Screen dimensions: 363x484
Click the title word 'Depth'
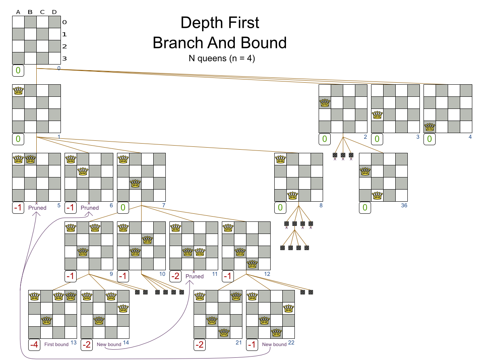pos(200,23)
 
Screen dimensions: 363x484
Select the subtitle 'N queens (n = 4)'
pos(222,58)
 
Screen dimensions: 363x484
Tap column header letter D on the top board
pos(54,12)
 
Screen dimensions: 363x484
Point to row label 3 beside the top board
pos(65,59)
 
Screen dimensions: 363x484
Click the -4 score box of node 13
pos(34,345)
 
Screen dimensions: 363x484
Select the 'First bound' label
pos(56,344)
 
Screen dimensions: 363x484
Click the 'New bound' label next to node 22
pos(274,344)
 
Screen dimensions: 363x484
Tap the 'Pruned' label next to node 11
pos(194,276)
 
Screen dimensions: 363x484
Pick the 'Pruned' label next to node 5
pos(37,208)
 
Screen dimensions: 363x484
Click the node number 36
pos(404,206)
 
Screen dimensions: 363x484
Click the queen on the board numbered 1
pos(19,90)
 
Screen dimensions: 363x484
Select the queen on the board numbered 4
pos(430,127)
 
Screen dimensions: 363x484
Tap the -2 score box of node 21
pos(200,345)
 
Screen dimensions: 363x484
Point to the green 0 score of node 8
pos(280,208)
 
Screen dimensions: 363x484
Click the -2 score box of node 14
pos(87,345)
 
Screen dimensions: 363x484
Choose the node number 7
pos(163,206)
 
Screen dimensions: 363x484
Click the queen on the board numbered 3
pos(378,115)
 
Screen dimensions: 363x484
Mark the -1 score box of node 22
pos(252,345)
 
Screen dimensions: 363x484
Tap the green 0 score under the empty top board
pos(18,71)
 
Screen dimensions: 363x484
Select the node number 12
pos(267,274)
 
